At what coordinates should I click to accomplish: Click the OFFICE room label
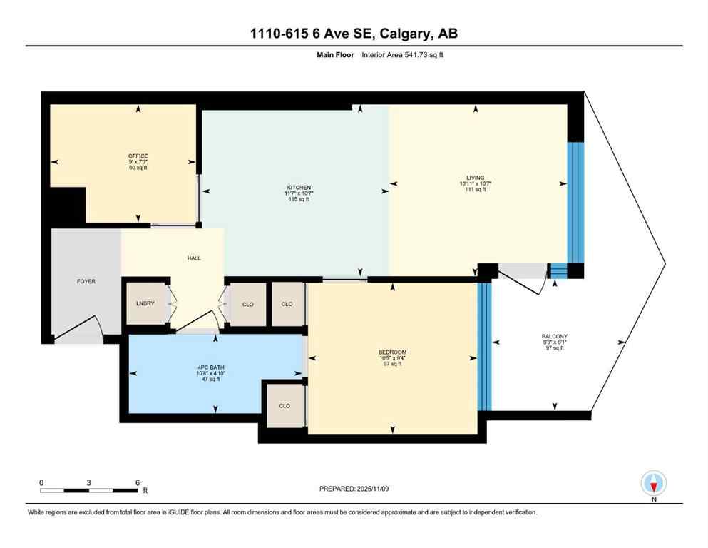pyautogui.click(x=138, y=156)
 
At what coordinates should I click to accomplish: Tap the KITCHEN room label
pyautogui.click(x=294, y=188)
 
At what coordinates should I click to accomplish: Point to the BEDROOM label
pyautogui.click(x=392, y=352)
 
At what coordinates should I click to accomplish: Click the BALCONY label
pyautogui.click(x=554, y=336)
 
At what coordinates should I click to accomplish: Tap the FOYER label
pyautogui.click(x=86, y=281)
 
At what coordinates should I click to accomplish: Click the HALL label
pyautogui.click(x=193, y=258)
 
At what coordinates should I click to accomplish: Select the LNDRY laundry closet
pyautogui.click(x=145, y=303)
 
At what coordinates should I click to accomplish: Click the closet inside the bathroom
pyautogui.click(x=284, y=405)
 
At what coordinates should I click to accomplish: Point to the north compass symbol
pyautogui.click(x=653, y=484)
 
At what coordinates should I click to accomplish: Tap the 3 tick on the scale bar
pyautogui.click(x=88, y=482)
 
